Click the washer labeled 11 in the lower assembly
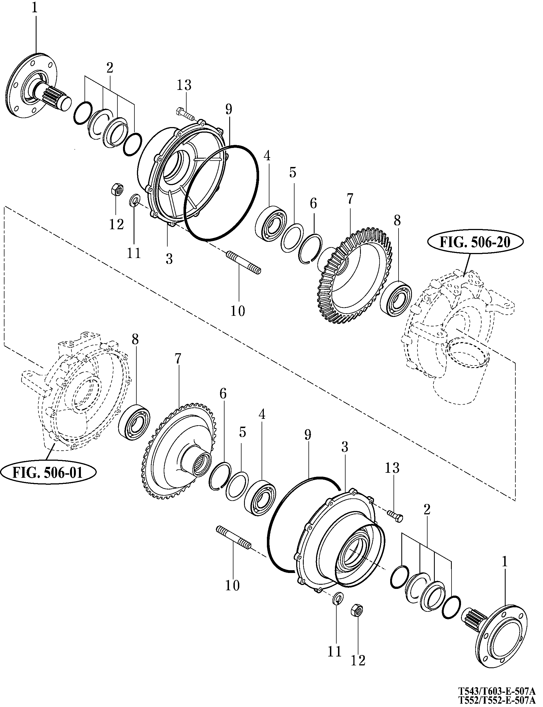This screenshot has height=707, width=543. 338,598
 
